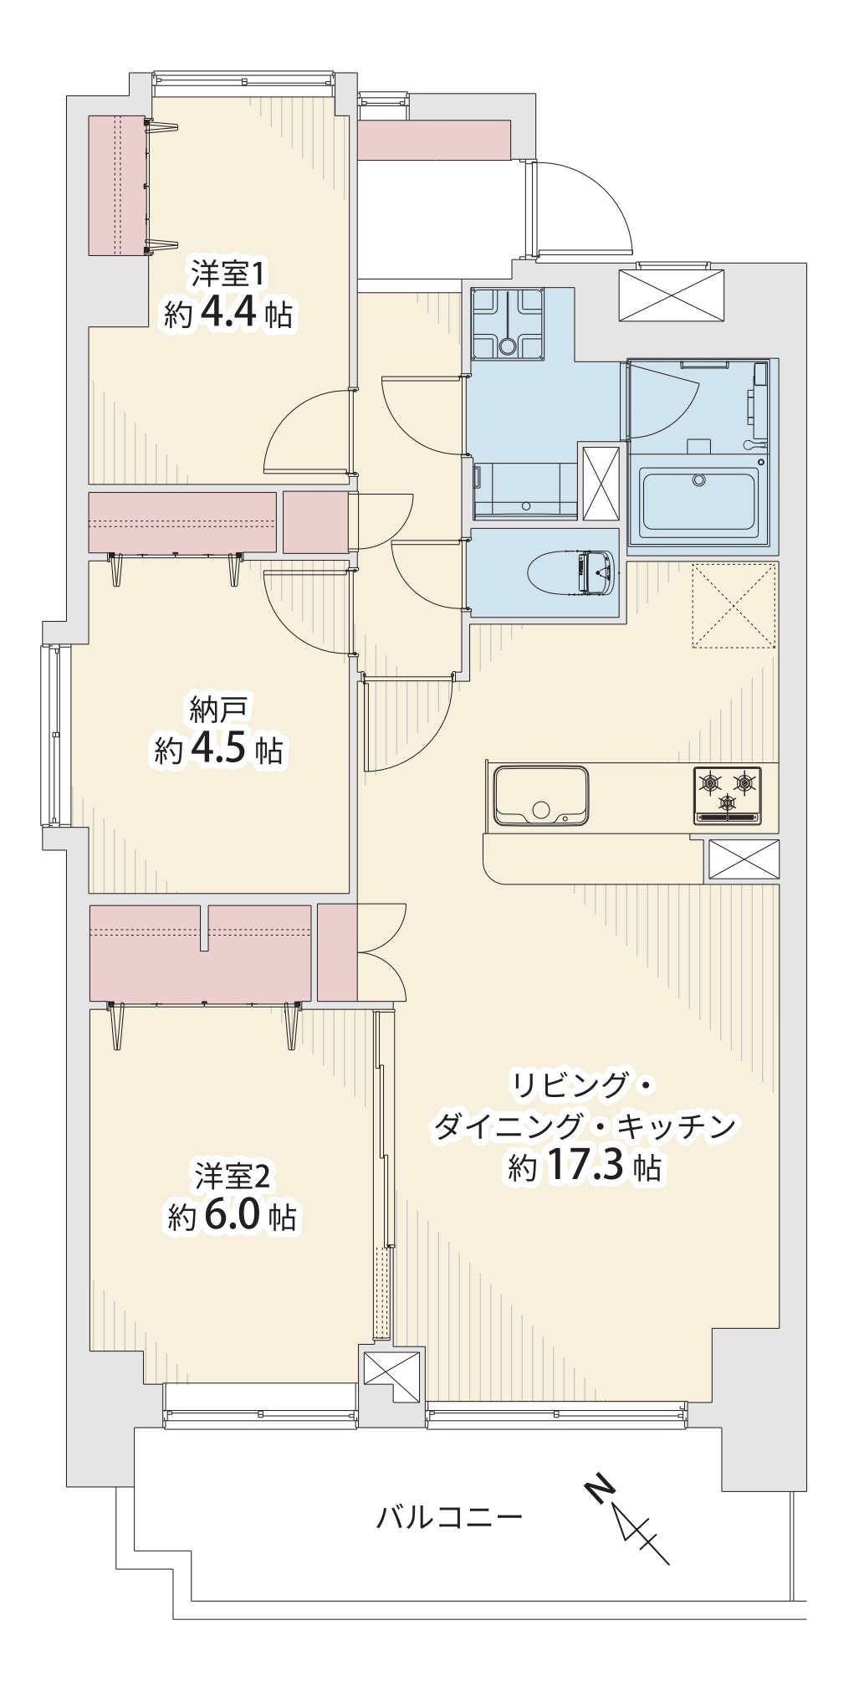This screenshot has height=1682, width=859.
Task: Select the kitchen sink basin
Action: click(x=541, y=795)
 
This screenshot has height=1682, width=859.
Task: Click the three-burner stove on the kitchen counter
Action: click(x=727, y=794)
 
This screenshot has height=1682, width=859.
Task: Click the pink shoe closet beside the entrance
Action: click(x=434, y=139)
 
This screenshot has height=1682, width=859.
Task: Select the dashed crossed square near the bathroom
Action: click(x=734, y=605)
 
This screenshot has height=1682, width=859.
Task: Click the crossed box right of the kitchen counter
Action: click(x=744, y=859)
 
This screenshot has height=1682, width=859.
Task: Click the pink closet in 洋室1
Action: click(x=118, y=185)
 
